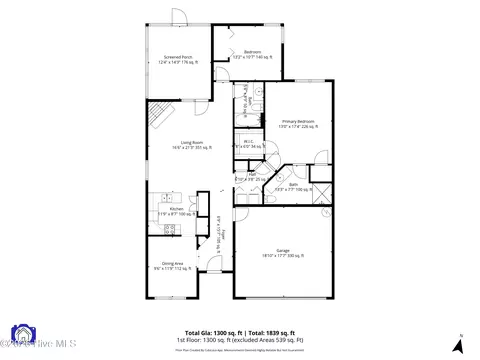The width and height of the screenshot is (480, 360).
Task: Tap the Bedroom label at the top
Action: [253, 53]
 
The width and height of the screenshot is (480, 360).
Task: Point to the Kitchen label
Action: [176, 209]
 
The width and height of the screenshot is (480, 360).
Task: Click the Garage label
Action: [283, 251]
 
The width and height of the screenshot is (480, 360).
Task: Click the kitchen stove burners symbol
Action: [169, 228]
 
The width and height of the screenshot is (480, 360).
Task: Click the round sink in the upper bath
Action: [258, 90]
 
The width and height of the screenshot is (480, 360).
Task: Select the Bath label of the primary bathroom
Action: [294, 185]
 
